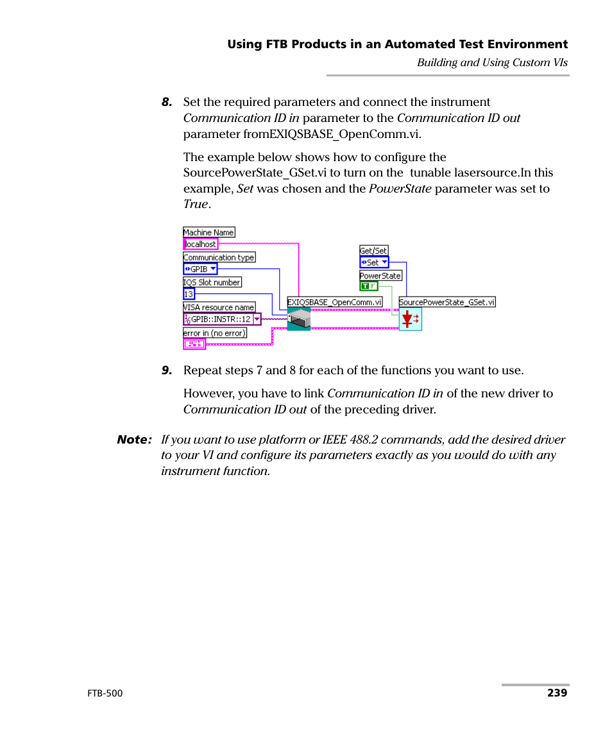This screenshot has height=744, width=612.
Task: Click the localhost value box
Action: (x=200, y=244)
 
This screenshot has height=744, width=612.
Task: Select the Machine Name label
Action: (x=208, y=232)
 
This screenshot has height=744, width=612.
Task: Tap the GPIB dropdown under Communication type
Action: (x=200, y=269)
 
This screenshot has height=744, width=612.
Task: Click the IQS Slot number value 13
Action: (x=189, y=294)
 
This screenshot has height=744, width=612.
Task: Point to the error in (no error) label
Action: (x=214, y=333)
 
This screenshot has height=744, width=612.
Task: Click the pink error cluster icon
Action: (x=194, y=344)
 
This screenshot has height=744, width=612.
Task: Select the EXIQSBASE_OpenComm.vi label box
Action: (x=334, y=302)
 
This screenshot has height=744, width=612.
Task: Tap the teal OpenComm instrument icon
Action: (x=298, y=318)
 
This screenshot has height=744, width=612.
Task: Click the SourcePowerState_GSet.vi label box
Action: (x=447, y=302)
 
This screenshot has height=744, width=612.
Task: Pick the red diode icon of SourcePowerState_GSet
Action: (x=410, y=318)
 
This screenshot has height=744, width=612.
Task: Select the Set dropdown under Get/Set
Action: (x=374, y=262)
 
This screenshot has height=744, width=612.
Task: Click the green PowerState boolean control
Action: (x=368, y=286)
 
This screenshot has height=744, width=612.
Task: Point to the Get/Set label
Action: (x=373, y=251)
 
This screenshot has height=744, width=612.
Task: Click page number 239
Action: (x=557, y=693)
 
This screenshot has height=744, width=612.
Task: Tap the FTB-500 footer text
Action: (x=105, y=693)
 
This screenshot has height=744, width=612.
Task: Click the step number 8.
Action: (x=167, y=103)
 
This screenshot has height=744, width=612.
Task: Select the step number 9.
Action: (x=167, y=370)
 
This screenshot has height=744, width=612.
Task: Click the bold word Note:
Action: (x=134, y=440)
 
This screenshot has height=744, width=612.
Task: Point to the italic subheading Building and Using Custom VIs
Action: (x=492, y=62)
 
